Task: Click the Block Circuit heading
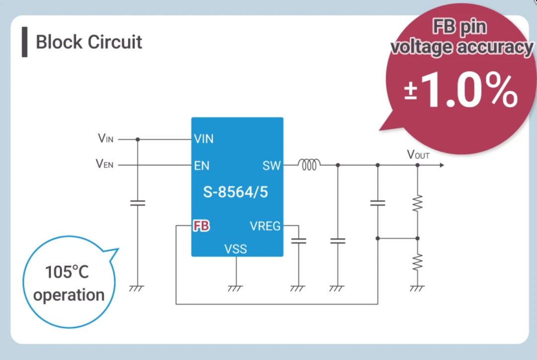(x=89, y=42)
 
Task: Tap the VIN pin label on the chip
(x=204, y=139)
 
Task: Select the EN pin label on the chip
(x=201, y=166)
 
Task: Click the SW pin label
(x=271, y=166)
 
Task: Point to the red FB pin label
(x=201, y=226)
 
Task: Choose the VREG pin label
(x=265, y=226)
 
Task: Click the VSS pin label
(x=236, y=249)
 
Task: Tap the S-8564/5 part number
(x=236, y=192)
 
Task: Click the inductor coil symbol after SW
(x=309, y=165)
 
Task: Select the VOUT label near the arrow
(x=418, y=155)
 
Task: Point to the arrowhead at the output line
(x=442, y=165)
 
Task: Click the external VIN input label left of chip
(x=105, y=138)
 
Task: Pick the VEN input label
(x=104, y=164)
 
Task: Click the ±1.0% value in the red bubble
(x=460, y=90)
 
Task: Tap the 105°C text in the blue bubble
(x=67, y=272)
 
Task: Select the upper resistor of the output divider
(x=418, y=203)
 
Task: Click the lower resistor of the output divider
(x=418, y=263)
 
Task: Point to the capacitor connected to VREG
(x=299, y=241)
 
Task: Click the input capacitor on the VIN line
(x=138, y=203)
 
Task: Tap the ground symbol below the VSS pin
(x=235, y=288)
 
